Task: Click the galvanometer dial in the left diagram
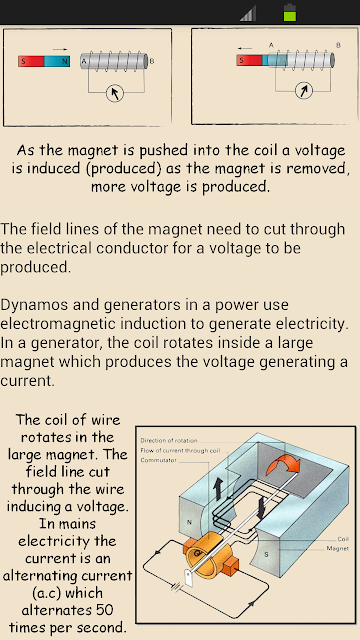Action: tap(115, 93)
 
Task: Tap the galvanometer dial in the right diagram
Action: tap(304, 91)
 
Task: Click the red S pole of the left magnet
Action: tap(31, 61)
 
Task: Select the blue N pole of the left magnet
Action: tap(57, 61)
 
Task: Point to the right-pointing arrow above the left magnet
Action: tap(60, 49)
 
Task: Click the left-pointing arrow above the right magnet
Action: tap(246, 47)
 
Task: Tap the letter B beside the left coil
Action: tap(152, 61)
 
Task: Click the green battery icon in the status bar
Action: tap(290, 12)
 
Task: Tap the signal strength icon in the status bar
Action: tap(249, 13)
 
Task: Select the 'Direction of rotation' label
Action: tap(169, 440)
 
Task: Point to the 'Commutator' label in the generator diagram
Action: tap(159, 460)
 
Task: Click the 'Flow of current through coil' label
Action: tap(180, 451)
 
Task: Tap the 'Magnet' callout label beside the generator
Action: tap(338, 549)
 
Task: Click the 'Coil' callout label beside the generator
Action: tap(343, 539)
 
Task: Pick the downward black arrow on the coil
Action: tap(261, 509)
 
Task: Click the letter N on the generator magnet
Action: tap(189, 522)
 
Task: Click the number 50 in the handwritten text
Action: tap(104, 610)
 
